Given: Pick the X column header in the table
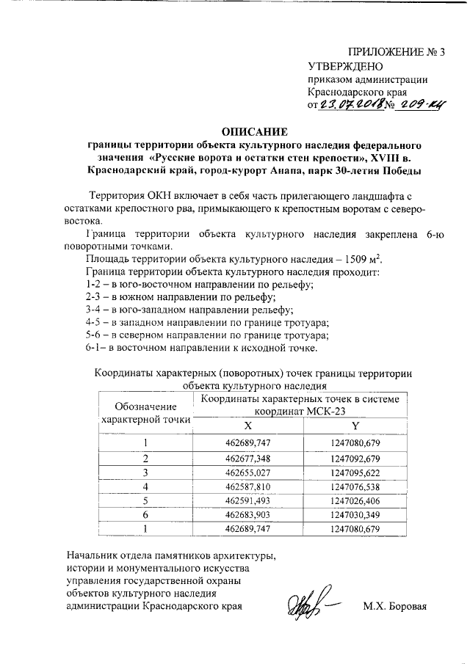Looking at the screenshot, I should (x=247, y=426).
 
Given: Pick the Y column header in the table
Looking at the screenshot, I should (x=355, y=426).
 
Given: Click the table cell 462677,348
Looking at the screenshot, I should (x=248, y=459).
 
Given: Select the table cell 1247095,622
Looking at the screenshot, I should (x=355, y=473).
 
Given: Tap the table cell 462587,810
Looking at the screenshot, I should (x=248, y=486).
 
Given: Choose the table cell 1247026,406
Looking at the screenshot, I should (x=355, y=500).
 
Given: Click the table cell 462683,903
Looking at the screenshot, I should (x=248, y=514).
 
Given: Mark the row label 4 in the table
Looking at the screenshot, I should (x=145, y=486).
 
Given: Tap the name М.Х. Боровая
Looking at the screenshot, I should (x=394, y=607).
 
